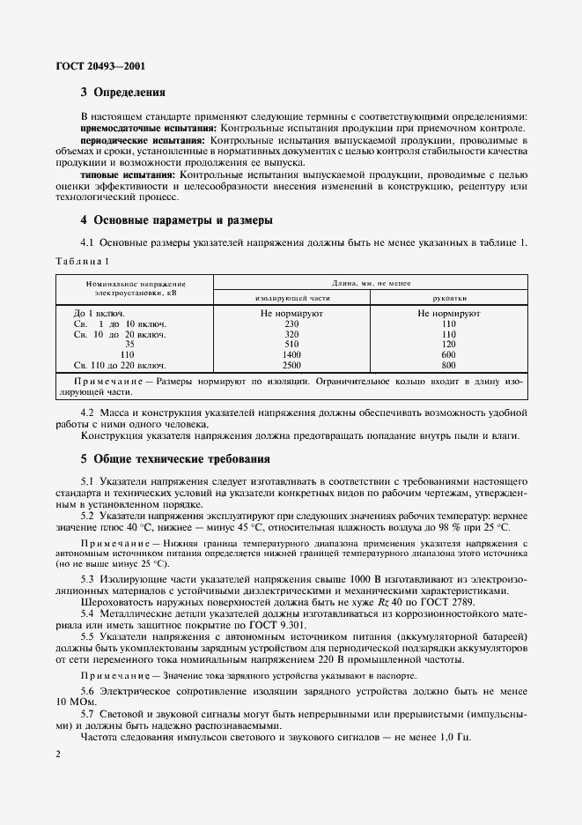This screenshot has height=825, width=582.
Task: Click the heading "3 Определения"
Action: (122, 93)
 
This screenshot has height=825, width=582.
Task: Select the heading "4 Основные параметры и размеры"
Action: (176, 219)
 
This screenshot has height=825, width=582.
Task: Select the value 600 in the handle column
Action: (448, 354)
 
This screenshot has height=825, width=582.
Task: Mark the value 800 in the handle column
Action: (448, 364)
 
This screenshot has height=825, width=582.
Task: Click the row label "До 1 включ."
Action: (98, 313)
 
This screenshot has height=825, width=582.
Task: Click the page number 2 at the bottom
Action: (57, 754)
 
